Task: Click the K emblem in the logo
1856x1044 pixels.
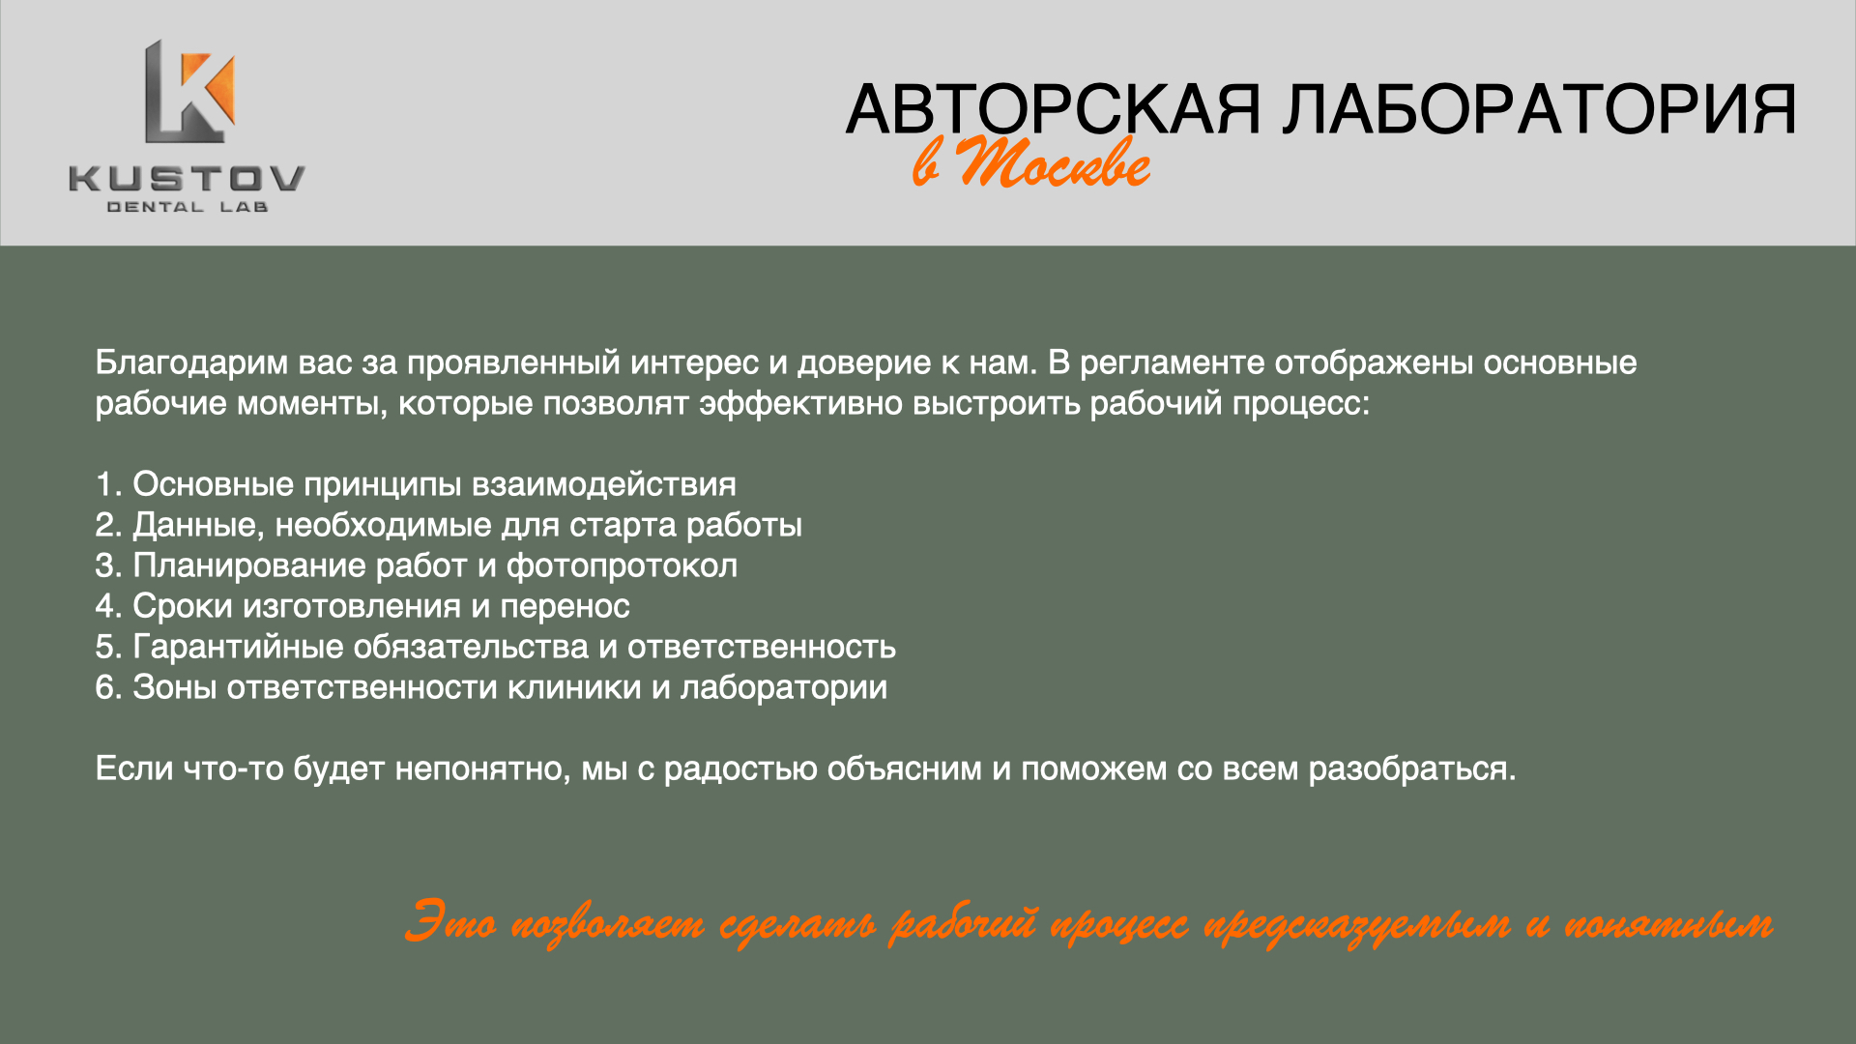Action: pyautogui.click(x=190, y=92)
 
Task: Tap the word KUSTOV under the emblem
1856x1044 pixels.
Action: pyautogui.click(x=187, y=179)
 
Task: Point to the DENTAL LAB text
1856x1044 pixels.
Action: pyautogui.click(x=187, y=207)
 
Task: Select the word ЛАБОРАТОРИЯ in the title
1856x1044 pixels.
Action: pyautogui.click(x=1540, y=109)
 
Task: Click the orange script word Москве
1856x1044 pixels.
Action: pyautogui.click(x=1054, y=161)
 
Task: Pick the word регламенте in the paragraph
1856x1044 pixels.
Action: pyautogui.click(x=1172, y=363)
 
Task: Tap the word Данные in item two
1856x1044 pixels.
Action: pyautogui.click(x=198, y=526)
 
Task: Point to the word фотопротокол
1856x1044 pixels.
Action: pyautogui.click(x=622, y=566)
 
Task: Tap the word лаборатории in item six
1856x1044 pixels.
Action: pyautogui.click(x=783, y=688)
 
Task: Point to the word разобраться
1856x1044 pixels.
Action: pyautogui.click(x=1412, y=769)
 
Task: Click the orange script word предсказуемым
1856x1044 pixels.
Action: pyautogui.click(x=1357, y=925)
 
